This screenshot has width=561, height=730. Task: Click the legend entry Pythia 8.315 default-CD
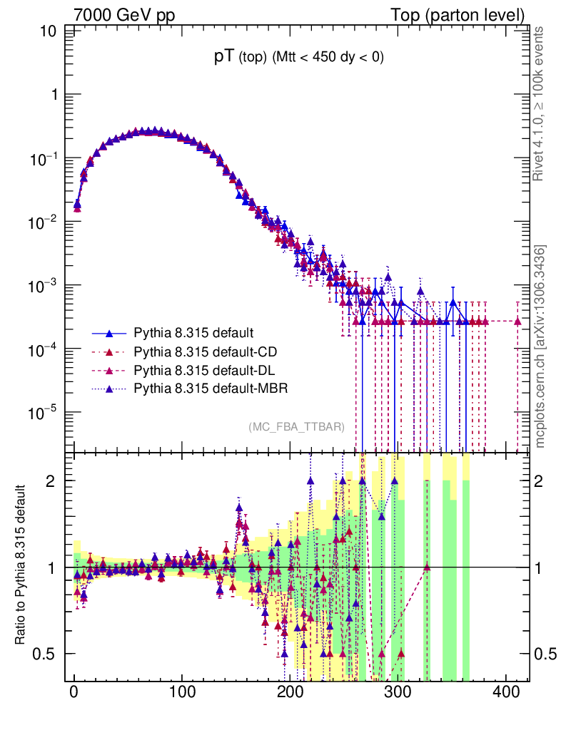205,351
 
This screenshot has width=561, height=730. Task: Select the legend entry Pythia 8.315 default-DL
205,370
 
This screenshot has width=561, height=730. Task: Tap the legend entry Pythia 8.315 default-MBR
210,389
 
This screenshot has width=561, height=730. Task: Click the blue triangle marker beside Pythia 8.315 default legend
109,333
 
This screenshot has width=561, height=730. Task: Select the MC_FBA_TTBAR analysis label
296,427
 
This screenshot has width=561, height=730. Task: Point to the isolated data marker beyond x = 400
518,322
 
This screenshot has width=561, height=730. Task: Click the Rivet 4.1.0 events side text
540,103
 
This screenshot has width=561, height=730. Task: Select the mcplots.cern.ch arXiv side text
540,346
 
